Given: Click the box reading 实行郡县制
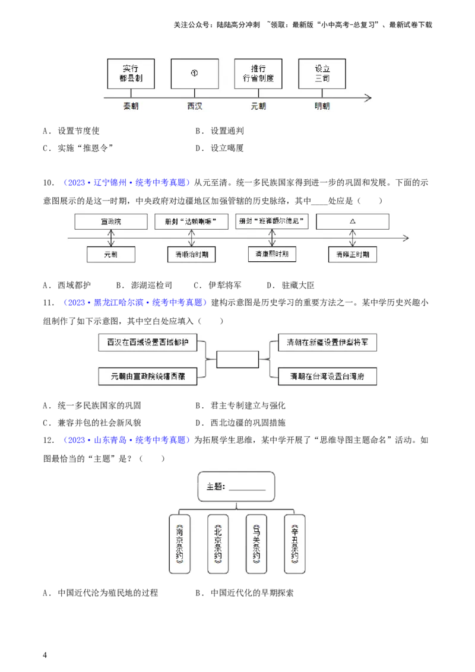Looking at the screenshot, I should (x=131, y=74).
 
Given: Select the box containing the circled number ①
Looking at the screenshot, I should (x=194, y=74).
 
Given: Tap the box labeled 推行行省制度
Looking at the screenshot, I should (x=258, y=74).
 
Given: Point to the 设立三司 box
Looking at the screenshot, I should (x=322, y=74).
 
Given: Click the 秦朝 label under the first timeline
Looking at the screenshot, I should (x=131, y=106).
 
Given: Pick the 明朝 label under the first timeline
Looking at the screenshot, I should (x=322, y=106).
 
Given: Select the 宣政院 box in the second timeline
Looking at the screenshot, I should (x=111, y=222).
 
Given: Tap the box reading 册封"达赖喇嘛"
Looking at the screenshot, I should (x=191, y=222).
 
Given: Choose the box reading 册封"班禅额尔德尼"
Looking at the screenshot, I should (x=272, y=221).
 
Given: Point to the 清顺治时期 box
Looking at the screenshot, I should (x=191, y=254).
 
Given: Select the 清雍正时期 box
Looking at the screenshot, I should (x=353, y=254).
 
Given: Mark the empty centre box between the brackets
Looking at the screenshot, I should (x=237, y=359).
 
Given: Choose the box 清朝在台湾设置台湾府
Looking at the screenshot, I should (x=328, y=376).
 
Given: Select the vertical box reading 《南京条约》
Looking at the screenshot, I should (x=180, y=543).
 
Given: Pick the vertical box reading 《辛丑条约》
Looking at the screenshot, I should (x=294, y=543).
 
